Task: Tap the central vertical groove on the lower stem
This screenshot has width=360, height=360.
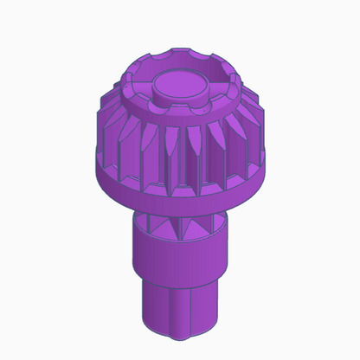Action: click(x=181, y=313)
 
